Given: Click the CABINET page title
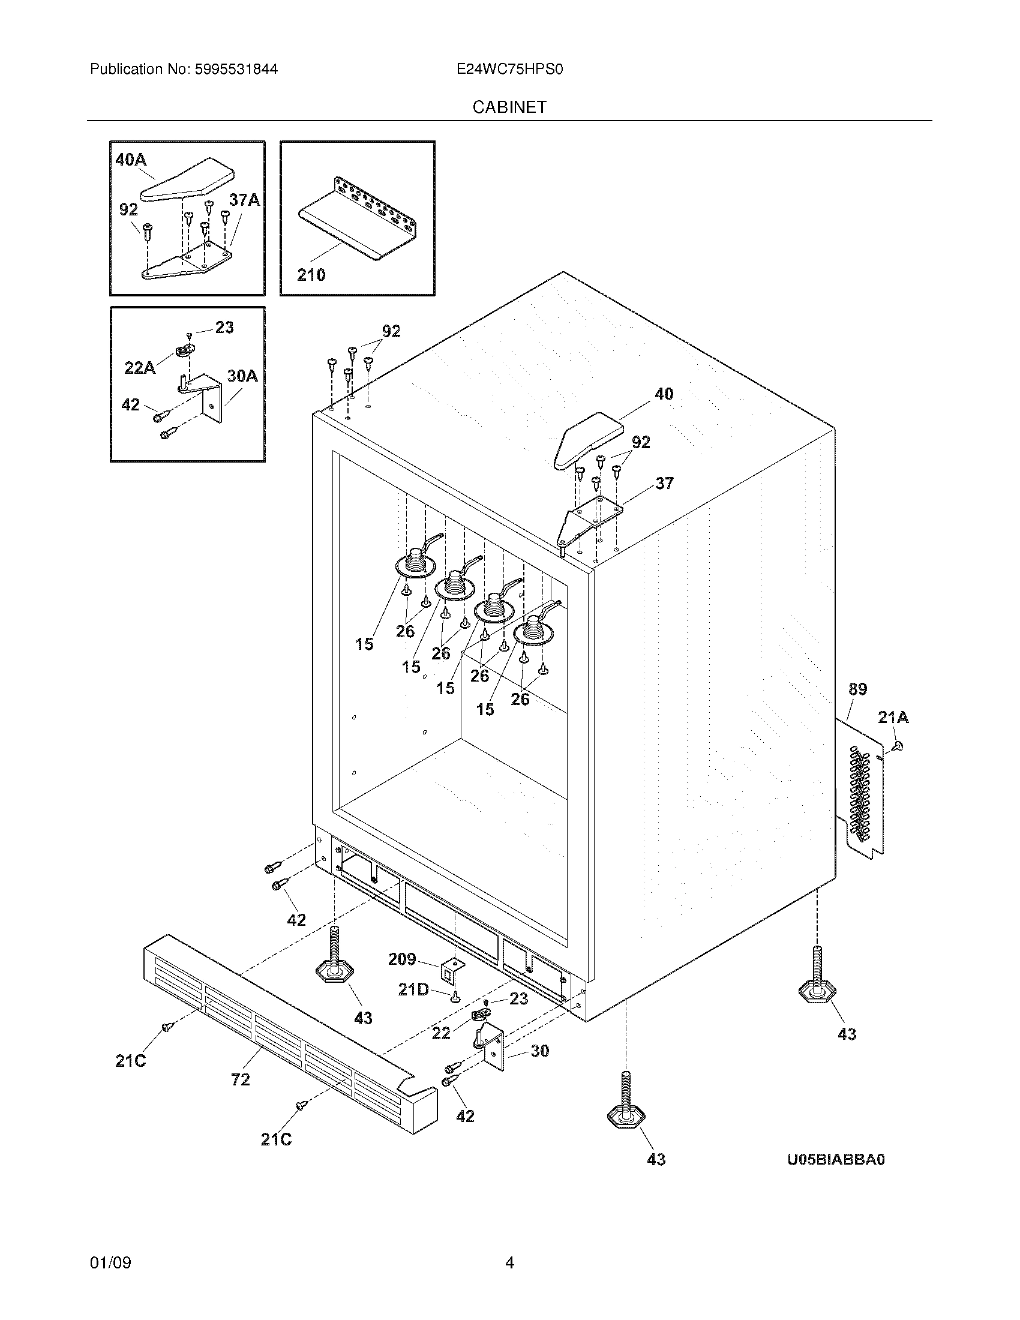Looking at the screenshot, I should pyautogui.click(x=509, y=107).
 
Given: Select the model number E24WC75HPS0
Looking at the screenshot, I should pyautogui.click(x=509, y=70).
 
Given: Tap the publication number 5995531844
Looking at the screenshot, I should pyautogui.click(x=236, y=70).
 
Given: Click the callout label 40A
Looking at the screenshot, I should pyautogui.click(x=131, y=160).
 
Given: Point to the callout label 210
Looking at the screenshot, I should pyautogui.click(x=311, y=275).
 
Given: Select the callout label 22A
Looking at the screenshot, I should pyautogui.click(x=140, y=367).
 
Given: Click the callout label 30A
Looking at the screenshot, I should pyautogui.click(x=242, y=376).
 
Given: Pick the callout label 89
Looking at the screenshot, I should pyautogui.click(x=857, y=689).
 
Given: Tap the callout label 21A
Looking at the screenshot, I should pyautogui.click(x=893, y=718).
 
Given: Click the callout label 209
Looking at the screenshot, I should pyautogui.click(x=402, y=959).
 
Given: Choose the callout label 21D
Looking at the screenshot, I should pyautogui.click(x=413, y=989).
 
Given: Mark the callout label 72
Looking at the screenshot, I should pyautogui.click(x=241, y=1079).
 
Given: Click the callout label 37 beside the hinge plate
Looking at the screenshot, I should pyautogui.click(x=664, y=483).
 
